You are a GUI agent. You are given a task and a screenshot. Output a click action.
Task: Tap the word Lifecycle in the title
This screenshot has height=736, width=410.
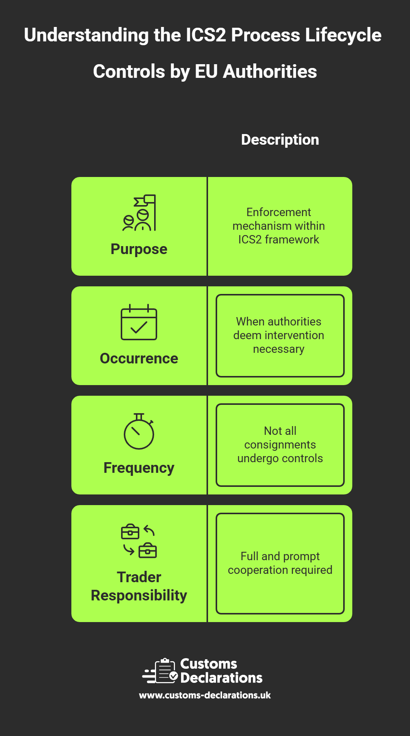coord(343,35)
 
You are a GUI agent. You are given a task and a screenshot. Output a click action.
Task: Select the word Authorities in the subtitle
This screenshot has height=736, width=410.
coord(270,72)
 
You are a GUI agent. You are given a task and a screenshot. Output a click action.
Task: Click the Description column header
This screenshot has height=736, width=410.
coord(280,140)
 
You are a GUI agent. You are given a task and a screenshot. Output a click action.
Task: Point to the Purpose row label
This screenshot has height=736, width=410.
coord(139,249)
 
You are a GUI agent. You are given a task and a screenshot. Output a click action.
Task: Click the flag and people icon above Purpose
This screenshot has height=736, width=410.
coord(139,213)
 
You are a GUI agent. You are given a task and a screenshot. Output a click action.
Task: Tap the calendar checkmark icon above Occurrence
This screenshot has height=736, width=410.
coord(139,322)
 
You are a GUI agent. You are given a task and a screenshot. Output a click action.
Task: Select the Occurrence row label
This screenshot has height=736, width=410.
coord(139,359)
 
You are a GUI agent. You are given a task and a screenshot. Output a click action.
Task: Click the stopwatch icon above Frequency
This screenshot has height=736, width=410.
coord(139,432)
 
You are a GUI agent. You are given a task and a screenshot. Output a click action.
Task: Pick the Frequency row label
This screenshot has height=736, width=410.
coord(139,468)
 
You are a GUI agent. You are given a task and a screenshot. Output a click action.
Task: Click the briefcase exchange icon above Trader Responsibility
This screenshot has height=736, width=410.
coord(139,541)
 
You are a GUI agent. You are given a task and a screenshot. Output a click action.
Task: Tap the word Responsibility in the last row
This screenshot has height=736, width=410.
coord(139,595)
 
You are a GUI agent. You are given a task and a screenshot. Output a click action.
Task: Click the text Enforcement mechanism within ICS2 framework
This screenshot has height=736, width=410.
coord(279,226)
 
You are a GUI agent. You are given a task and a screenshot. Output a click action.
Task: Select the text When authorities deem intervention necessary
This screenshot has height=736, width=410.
coord(279,335)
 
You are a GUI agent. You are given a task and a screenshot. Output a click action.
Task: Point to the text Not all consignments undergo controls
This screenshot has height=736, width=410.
coord(280,445)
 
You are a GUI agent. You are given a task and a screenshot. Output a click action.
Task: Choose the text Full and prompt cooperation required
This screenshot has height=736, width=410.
coord(280,563)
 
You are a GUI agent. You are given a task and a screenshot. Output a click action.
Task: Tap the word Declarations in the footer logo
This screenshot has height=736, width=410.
coord(221,678)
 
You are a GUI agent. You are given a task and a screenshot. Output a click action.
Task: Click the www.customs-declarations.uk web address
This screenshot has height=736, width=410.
coord(205,695)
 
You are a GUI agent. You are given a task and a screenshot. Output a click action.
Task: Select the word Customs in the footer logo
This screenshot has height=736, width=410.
coord(208,664)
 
